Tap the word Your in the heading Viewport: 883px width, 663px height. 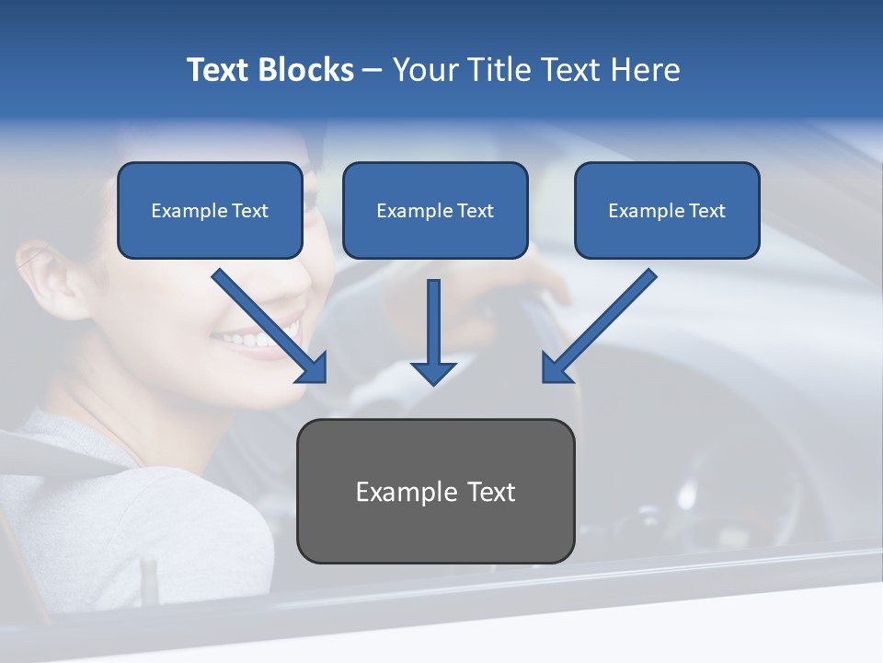pos(427,70)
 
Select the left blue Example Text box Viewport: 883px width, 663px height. pos(210,211)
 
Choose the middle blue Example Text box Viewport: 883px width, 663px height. pos(435,211)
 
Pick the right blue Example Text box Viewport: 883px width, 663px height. pos(667,211)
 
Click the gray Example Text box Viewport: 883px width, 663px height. pos(435,491)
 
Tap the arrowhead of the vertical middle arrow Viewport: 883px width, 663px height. pos(433,372)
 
